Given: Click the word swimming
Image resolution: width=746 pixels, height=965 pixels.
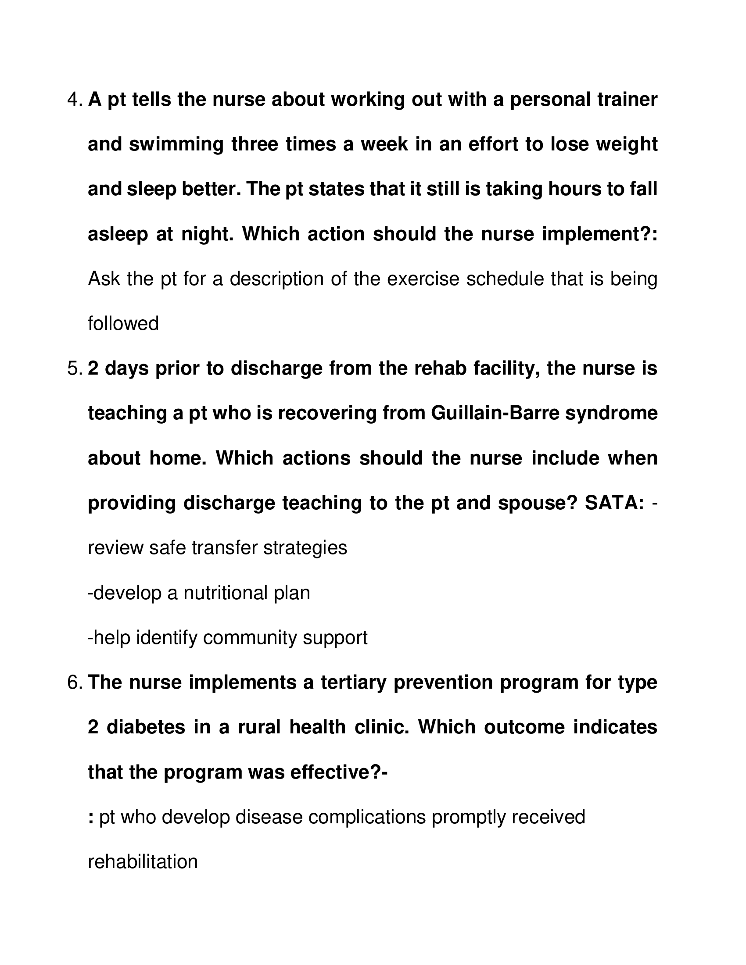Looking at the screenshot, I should (176, 145).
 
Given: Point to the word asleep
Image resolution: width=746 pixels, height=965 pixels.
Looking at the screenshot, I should (118, 234).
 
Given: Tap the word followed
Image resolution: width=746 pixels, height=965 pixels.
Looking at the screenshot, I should (123, 323).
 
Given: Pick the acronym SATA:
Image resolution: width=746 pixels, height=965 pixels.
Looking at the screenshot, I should (614, 503).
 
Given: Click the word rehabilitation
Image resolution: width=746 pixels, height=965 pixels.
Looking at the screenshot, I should (143, 861).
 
